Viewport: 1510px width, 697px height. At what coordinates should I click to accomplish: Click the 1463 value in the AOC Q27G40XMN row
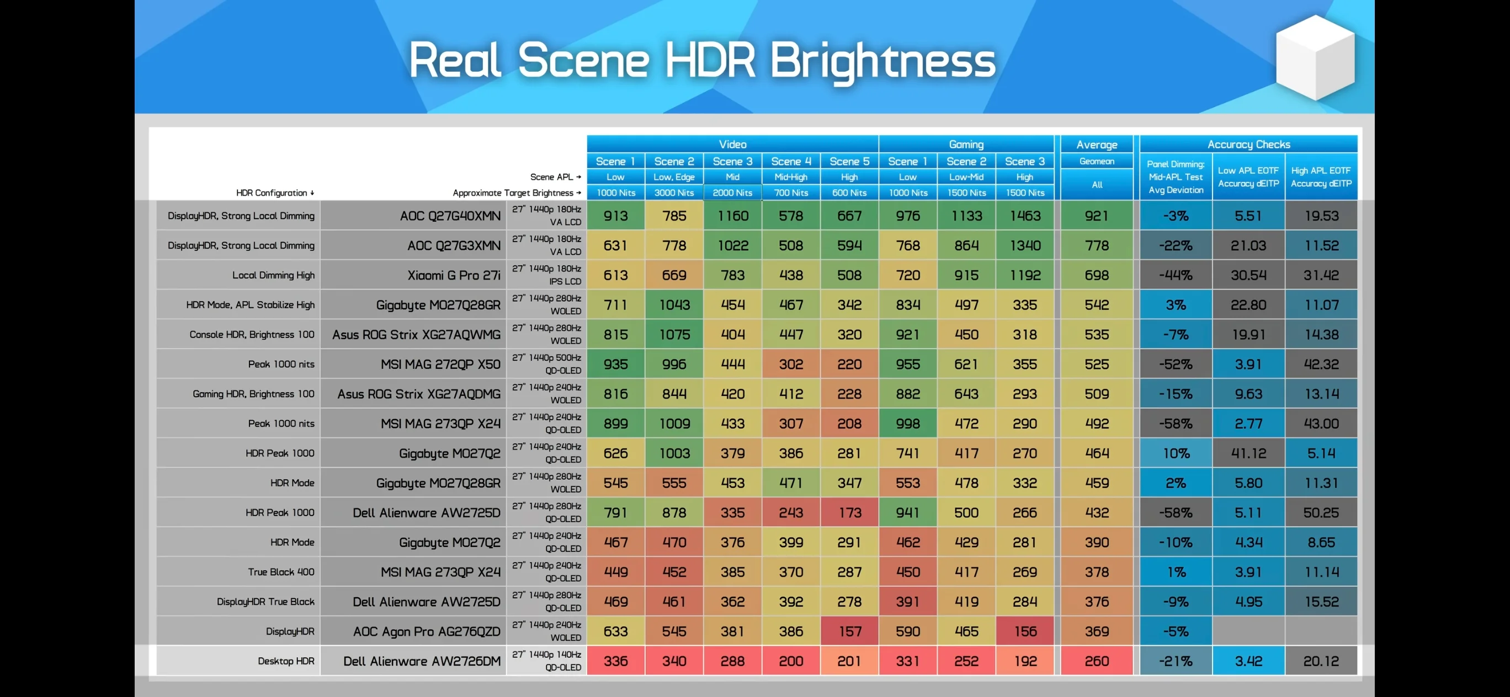point(1025,216)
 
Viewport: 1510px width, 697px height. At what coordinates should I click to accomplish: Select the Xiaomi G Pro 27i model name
point(454,275)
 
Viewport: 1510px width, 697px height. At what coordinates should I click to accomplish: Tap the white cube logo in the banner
point(1315,57)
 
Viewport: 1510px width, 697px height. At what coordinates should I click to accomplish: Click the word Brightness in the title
point(882,61)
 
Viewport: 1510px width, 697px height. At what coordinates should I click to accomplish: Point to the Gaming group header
point(966,144)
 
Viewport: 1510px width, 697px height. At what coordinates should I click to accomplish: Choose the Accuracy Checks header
point(1248,144)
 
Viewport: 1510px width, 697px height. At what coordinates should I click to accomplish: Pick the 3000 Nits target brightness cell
point(674,192)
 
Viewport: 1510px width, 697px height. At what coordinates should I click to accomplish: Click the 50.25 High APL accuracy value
point(1321,512)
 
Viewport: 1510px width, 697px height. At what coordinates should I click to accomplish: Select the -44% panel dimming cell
point(1176,275)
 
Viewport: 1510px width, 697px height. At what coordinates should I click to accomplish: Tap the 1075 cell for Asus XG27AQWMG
point(674,335)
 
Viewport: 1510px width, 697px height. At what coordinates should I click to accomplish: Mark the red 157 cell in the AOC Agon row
point(849,631)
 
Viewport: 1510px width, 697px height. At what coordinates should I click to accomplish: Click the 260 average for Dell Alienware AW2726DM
point(1097,661)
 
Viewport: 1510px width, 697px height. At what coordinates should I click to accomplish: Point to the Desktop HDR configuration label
point(286,661)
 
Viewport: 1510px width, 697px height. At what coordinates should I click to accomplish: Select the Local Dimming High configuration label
point(273,275)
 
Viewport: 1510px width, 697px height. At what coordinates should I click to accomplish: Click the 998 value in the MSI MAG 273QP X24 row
point(907,423)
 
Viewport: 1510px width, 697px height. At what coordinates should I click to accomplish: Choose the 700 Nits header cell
point(791,192)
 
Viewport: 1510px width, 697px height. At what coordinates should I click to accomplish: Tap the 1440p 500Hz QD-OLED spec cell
point(546,364)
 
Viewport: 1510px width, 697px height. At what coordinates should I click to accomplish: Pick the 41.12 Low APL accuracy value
point(1248,453)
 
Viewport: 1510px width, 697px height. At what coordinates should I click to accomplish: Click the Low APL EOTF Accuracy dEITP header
point(1248,177)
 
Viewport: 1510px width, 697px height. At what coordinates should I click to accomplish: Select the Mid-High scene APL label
point(791,177)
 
